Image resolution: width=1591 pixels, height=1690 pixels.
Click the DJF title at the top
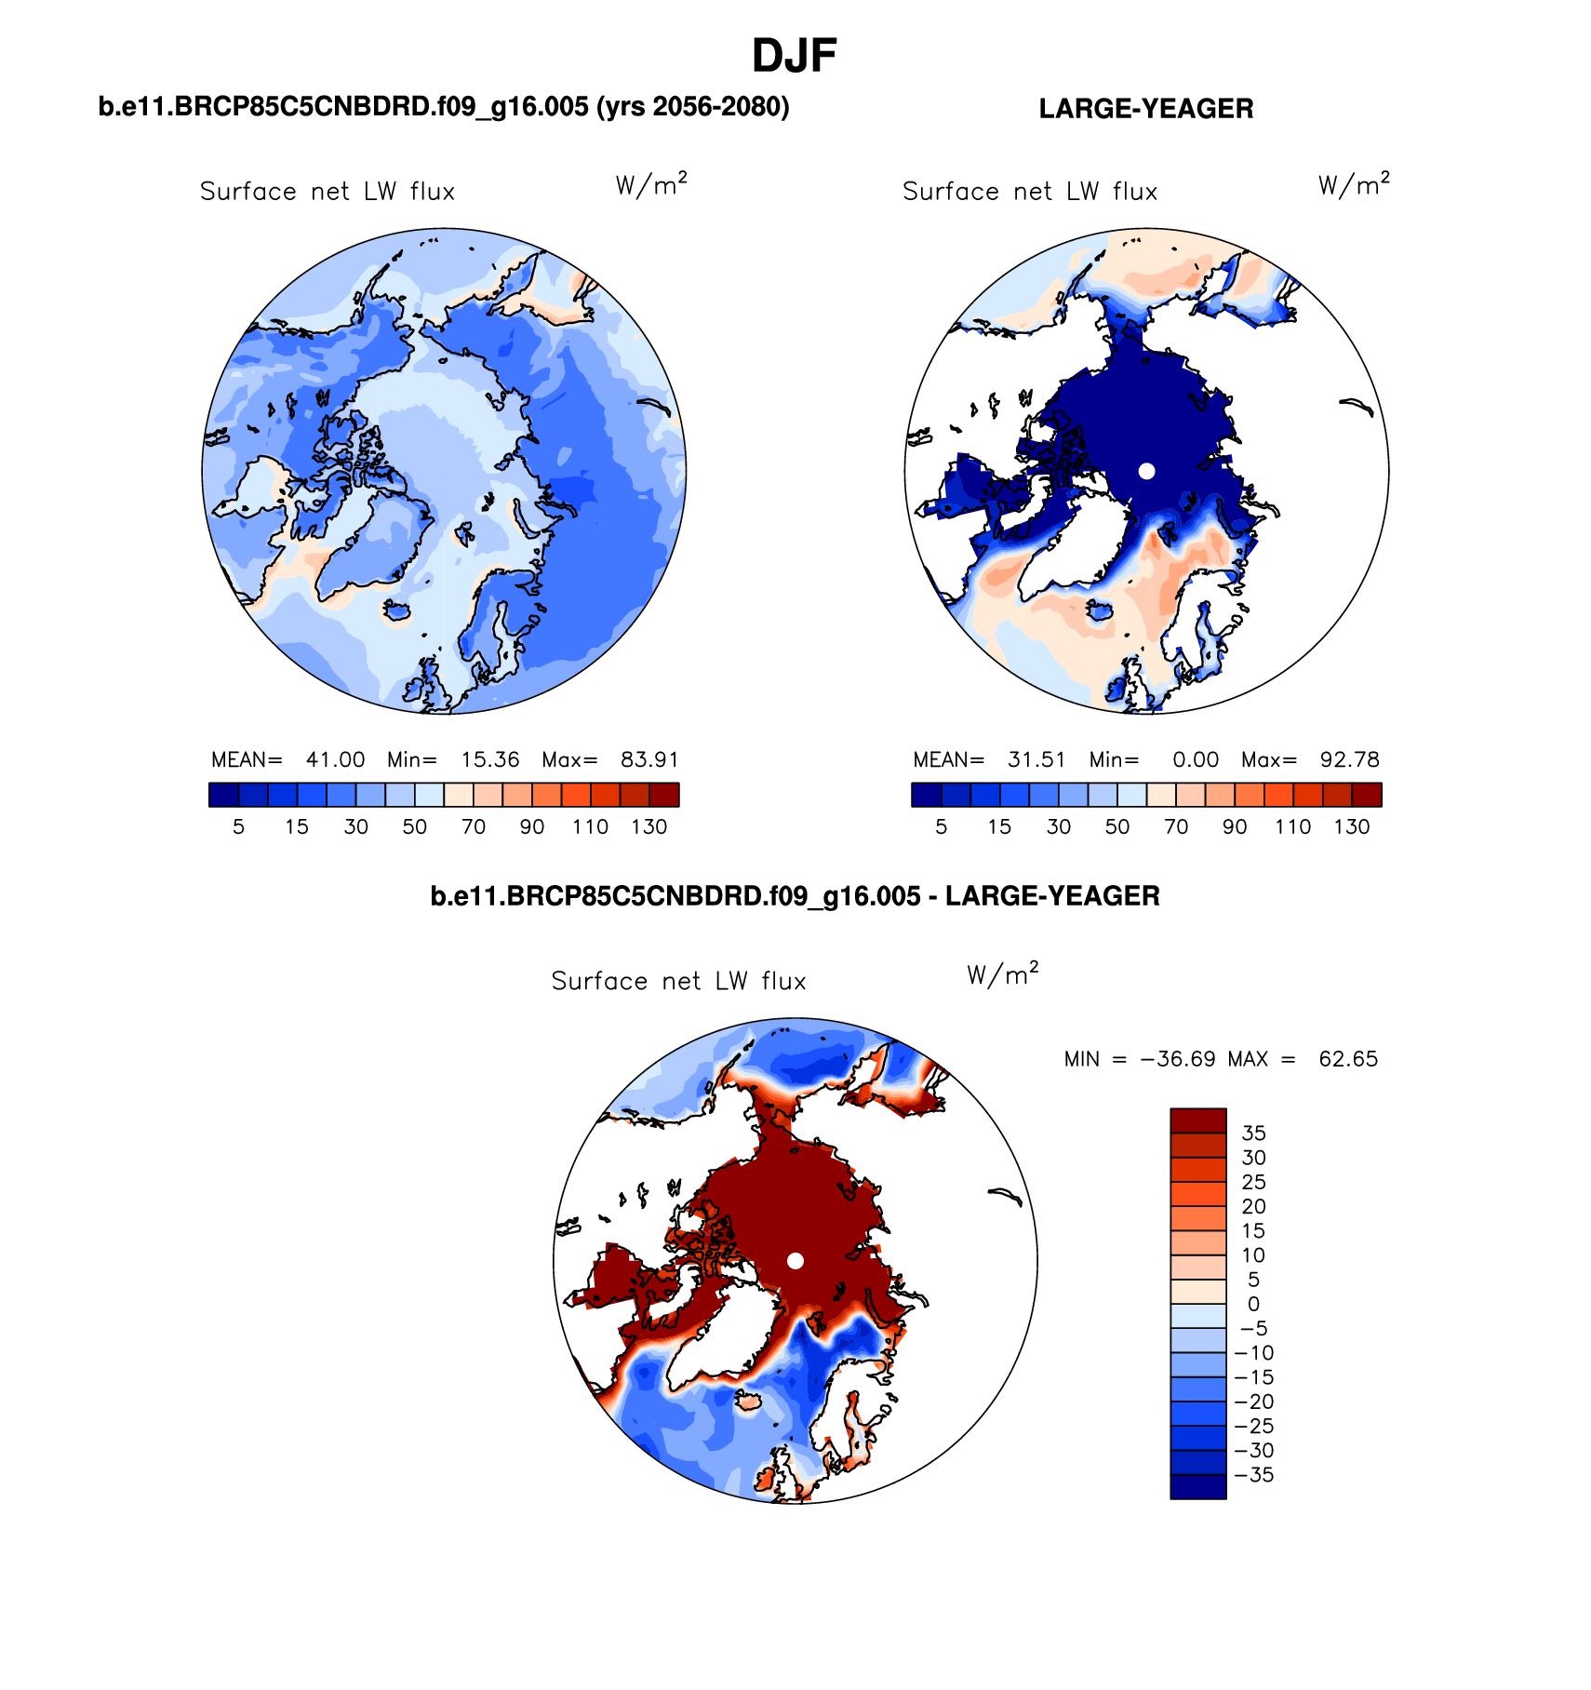(795, 57)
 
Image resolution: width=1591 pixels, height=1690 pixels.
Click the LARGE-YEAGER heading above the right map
(1145, 109)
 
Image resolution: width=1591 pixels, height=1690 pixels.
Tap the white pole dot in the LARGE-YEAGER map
(1146, 471)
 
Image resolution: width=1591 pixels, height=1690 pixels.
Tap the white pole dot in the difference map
(795, 1260)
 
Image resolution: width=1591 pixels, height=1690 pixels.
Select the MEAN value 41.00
(335, 759)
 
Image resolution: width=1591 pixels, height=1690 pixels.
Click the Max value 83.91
(649, 759)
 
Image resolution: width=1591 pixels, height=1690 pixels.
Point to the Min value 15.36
(489, 759)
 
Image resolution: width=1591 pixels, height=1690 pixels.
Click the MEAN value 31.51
(1036, 759)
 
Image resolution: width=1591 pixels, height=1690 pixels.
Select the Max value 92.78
(1349, 759)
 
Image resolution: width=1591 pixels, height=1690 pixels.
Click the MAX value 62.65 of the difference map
(1347, 1059)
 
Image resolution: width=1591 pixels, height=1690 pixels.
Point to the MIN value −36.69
(1177, 1059)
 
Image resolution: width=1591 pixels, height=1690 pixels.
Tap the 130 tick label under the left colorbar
(648, 826)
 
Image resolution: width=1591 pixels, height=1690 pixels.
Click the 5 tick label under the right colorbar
(941, 826)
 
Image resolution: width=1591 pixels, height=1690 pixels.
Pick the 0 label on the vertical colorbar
(1253, 1304)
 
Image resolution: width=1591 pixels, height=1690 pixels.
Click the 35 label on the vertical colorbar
(1253, 1133)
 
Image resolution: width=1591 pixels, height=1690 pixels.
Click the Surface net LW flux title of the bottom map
(678, 981)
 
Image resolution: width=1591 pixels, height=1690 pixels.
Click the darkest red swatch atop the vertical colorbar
(1197, 1120)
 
